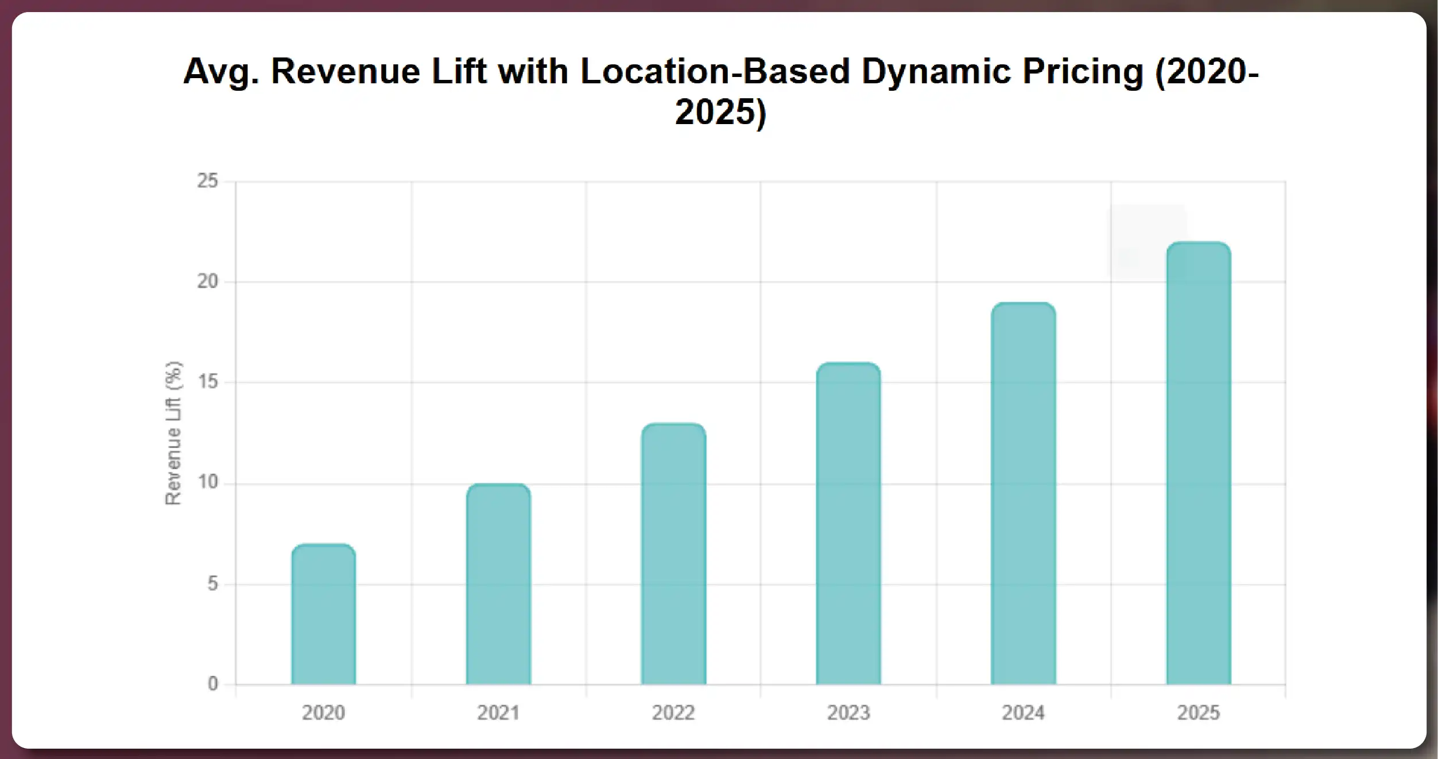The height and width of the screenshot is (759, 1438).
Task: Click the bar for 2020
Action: [323, 615]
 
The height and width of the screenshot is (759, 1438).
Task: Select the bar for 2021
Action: [498, 584]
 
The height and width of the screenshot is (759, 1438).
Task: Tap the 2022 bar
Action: [673, 554]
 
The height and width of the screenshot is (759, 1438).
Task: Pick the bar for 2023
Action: [848, 524]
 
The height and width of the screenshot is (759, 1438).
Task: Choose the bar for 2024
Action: [1024, 494]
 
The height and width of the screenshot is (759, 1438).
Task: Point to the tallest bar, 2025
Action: [1199, 463]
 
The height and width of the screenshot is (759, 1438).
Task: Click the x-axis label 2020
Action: [323, 713]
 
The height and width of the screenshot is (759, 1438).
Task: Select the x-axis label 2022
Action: [673, 713]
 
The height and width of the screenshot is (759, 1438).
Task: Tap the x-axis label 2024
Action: [1024, 713]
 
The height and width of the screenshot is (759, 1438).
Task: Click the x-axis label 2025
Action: [1199, 713]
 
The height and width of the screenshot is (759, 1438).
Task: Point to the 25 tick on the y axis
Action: [208, 182]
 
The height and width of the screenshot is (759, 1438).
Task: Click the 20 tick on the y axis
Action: [208, 282]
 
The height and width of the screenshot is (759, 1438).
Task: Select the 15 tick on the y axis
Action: [208, 382]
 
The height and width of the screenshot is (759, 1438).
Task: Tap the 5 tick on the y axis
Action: [212, 584]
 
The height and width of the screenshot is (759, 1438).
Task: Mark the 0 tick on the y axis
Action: [212, 684]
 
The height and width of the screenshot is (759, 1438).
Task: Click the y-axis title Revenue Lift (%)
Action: [173, 433]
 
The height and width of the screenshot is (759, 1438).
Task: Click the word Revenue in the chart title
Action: [345, 72]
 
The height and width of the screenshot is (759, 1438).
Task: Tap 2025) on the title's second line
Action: [720, 112]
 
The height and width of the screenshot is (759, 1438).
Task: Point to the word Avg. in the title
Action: [221, 72]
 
